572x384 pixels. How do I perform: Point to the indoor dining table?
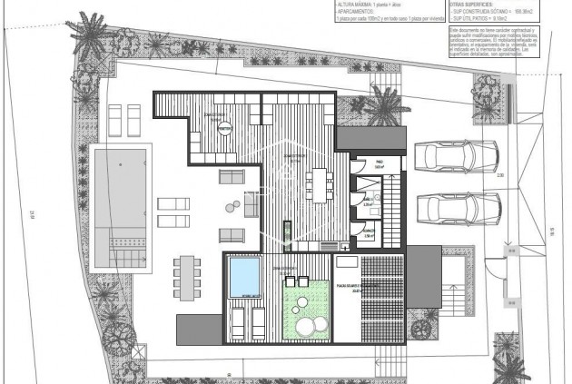pyautogui.click(x=317, y=184)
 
